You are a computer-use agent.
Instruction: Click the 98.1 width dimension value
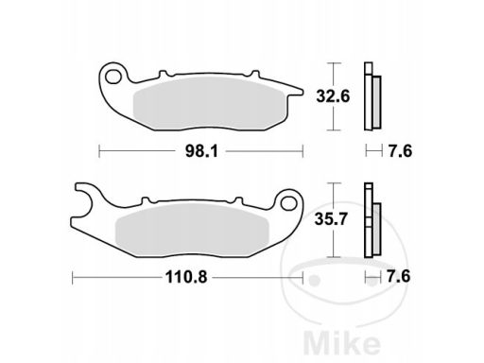click(201, 151)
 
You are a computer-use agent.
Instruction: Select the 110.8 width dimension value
click(186, 277)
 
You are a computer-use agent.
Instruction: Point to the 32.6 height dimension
click(333, 96)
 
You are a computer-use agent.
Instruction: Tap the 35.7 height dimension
click(331, 219)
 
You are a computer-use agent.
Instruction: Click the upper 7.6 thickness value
click(400, 151)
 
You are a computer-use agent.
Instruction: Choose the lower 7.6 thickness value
click(399, 277)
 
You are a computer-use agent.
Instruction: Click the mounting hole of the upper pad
click(113, 77)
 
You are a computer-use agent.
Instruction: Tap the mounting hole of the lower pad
click(288, 203)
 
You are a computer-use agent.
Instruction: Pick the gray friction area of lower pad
click(192, 229)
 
